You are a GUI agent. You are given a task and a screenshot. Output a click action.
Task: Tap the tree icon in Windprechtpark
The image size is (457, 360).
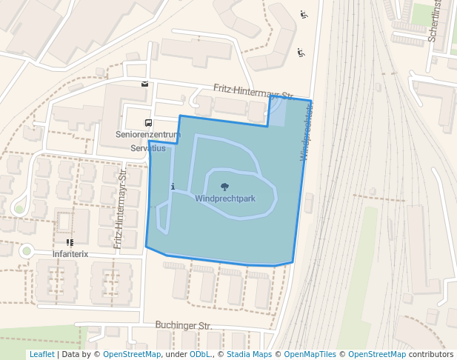225,187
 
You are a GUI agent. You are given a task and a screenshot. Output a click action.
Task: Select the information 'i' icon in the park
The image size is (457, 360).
173,187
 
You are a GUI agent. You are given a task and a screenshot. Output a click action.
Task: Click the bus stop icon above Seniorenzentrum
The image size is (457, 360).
148,123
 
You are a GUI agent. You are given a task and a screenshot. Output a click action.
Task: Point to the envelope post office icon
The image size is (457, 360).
144,84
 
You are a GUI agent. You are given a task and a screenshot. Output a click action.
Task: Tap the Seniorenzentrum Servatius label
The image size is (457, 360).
148,141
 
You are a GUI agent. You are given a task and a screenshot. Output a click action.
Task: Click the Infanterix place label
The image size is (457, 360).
70,254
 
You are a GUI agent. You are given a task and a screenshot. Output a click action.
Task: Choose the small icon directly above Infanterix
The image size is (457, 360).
70,242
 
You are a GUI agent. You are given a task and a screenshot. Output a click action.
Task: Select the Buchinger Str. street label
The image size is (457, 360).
183,325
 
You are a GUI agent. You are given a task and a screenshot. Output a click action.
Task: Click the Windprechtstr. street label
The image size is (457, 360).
307,131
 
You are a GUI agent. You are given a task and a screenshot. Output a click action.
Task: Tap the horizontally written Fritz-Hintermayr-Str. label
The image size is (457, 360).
253,92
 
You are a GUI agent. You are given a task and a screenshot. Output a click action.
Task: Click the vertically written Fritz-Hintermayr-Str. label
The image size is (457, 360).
120,207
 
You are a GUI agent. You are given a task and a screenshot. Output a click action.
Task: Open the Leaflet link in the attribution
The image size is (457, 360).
41,354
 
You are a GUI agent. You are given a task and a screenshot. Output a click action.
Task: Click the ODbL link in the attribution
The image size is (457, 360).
199,354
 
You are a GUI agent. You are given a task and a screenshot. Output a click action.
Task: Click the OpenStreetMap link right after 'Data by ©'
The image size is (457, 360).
132,354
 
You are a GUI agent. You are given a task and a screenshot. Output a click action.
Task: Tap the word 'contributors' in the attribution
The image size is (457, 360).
432,354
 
